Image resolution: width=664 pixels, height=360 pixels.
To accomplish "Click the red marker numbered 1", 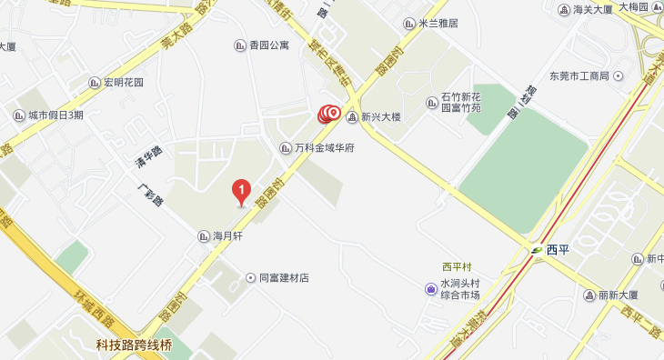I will [x=241, y=190].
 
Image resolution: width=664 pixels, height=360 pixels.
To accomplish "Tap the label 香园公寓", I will [x=267, y=45].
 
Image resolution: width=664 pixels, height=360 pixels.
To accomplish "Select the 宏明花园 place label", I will [x=123, y=83].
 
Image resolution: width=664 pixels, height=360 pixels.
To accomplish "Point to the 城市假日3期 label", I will [x=55, y=115].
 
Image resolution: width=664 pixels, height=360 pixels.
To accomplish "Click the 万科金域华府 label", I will [x=324, y=147].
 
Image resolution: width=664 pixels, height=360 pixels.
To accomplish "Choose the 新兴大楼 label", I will [x=380, y=116].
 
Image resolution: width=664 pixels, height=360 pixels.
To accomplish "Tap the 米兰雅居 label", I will [x=438, y=24].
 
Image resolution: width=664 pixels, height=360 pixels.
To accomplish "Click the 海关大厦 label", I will [x=594, y=10].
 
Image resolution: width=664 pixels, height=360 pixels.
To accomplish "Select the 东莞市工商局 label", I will [x=578, y=75].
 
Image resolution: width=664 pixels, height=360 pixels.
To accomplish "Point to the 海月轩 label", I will [x=227, y=235].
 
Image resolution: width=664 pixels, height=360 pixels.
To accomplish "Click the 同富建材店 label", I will [x=284, y=277].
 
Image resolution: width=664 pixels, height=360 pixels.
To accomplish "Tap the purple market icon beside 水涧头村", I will [x=431, y=289].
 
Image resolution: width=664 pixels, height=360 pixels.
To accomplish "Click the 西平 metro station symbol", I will [x=538, y=249].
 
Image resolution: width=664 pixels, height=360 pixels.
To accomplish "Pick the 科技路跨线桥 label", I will [x=134, y=345].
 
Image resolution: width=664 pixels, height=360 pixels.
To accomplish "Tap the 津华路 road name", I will [x=148, y=156].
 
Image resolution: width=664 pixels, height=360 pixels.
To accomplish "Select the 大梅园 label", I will [x=633, y=6].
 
